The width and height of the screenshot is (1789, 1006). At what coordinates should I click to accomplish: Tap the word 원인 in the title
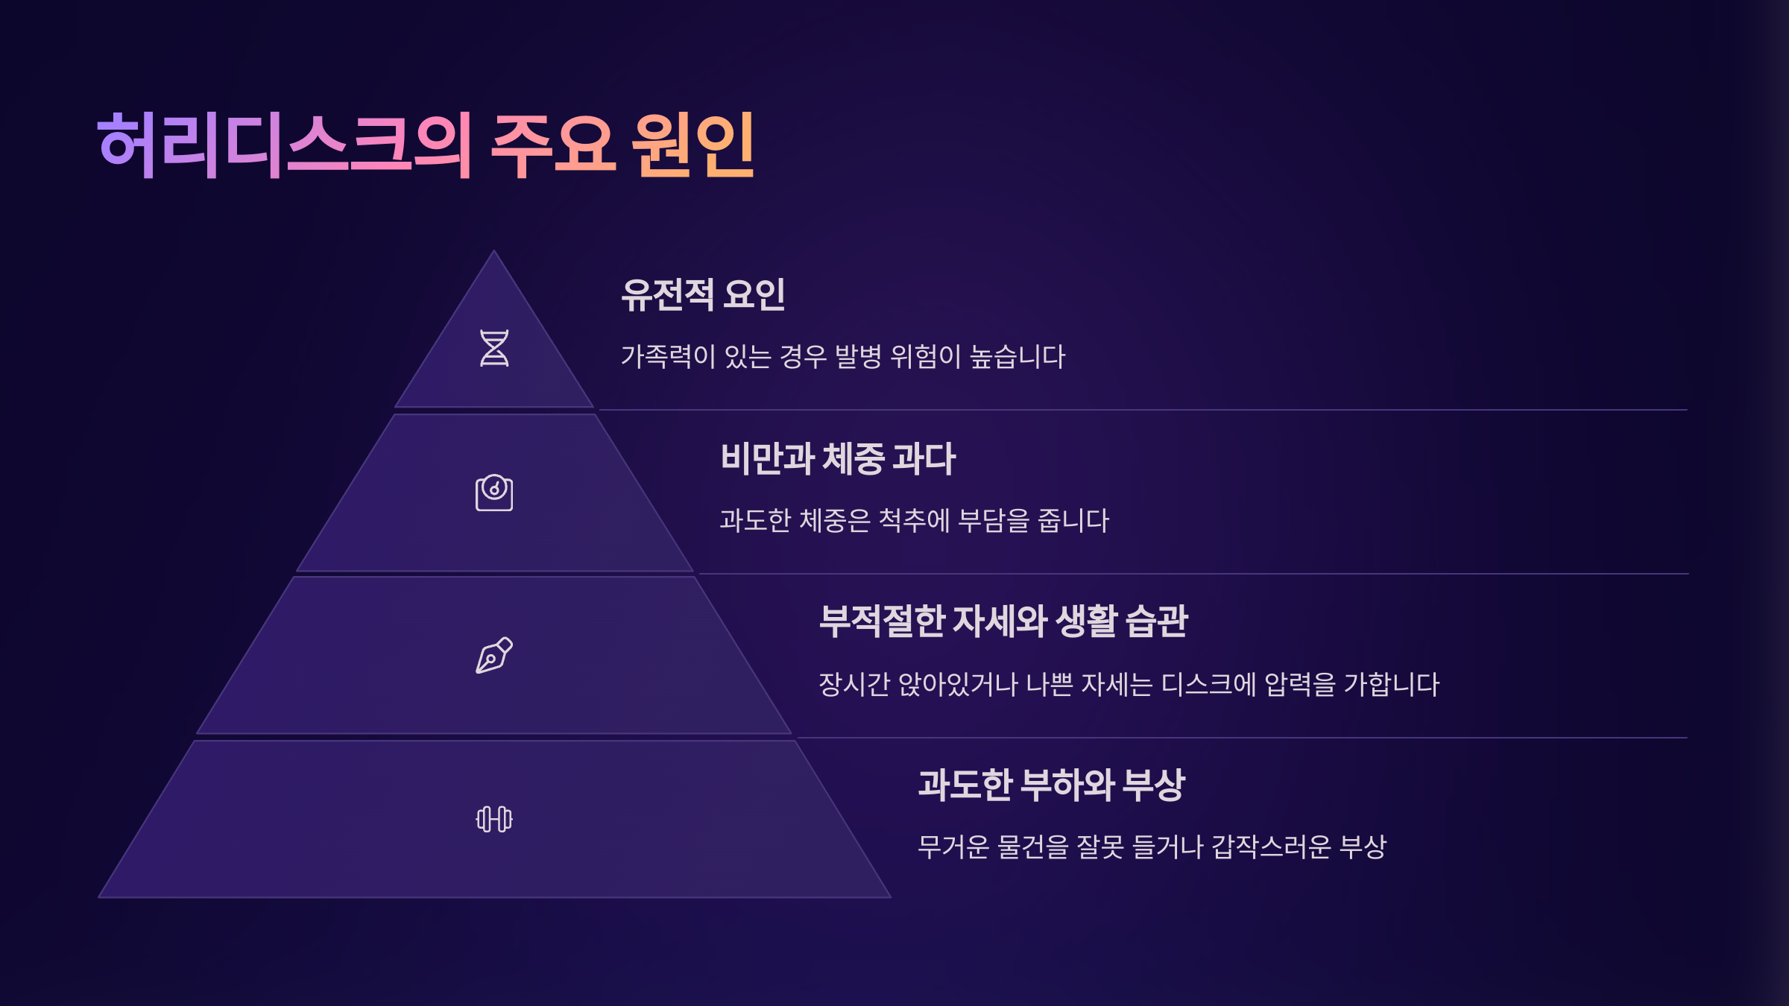693,145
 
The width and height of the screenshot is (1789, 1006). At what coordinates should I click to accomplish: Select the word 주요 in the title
553,145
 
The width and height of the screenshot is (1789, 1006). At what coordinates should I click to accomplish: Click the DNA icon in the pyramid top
494,349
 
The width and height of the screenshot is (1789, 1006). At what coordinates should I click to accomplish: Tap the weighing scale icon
494,493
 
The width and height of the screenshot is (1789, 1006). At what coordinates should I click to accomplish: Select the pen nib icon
494,656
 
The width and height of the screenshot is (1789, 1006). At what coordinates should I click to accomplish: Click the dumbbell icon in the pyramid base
494,819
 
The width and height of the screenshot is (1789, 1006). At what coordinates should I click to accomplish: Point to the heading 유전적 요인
703,294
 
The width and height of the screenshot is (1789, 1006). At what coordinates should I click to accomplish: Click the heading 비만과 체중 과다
838,458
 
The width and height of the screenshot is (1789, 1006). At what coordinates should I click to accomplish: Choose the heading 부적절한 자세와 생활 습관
1003,621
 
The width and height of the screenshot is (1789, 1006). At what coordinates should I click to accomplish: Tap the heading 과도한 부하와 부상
1051,785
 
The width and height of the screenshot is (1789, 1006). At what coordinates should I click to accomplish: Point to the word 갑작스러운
1271,847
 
